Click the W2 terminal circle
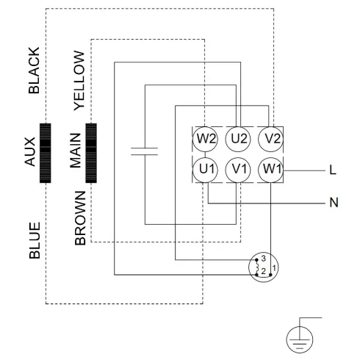click(205, 137)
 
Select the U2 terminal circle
click(238, 137)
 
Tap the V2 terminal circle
click(272, 137)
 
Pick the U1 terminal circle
click(205, 170)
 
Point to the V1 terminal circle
click(238, 170)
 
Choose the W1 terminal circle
click(272, 170)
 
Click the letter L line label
click(333, 170)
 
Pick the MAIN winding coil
click(91, 153)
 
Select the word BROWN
click(79, 218)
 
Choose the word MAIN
click(76, 153)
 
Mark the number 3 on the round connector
click(262, 259)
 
